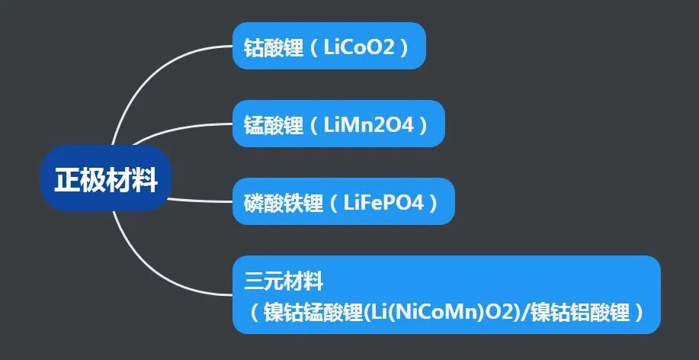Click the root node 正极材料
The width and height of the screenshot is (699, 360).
[106, 181]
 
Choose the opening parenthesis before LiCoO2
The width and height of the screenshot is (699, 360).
[315, 47]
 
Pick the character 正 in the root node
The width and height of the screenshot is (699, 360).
[67, 181]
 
